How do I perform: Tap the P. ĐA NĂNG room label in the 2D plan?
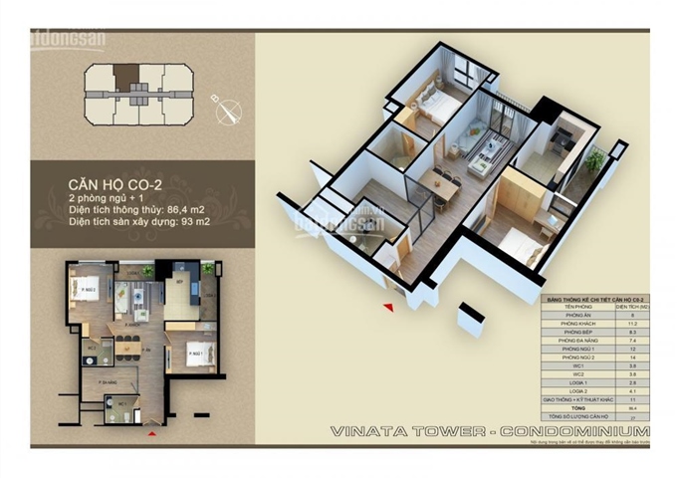click(101, 380)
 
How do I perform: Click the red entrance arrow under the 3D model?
click(389, 307)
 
